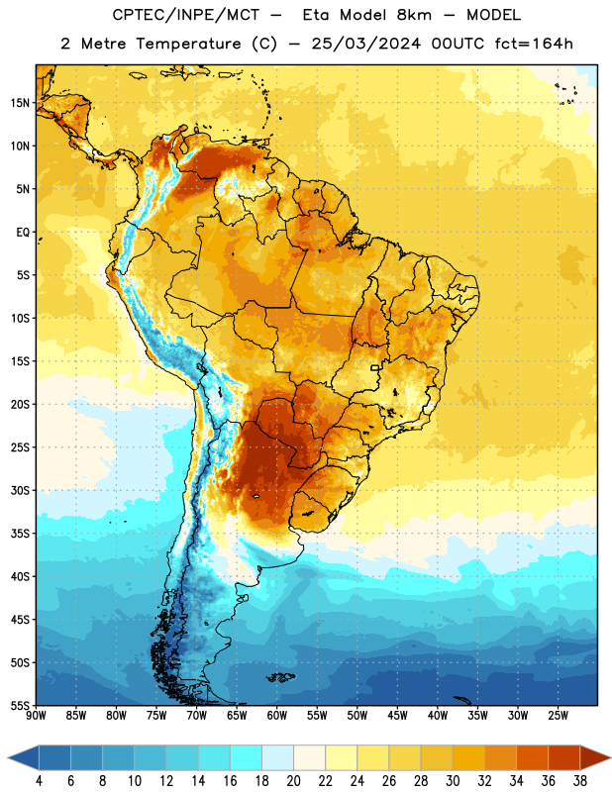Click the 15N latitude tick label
click(x=20, y=103)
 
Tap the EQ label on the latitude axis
click(x=23, y=233)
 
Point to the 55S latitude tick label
click(x=20, y=705)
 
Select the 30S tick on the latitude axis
click(x=20, y=490)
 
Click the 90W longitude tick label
click(x=36, y=716)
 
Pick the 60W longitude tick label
click(x=277, y=716)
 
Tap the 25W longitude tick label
click(x=558, y=716)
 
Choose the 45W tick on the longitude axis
click(x=397, y=716)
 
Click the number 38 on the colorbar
click(x=579, y=781)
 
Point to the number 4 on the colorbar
click(x=39, y=781)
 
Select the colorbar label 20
click(x=293, y=781)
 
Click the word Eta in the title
click(x=315, y=15)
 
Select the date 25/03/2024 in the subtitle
click(x=365, y=44)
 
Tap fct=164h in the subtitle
click(x=534, y=44)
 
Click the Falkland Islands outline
click(x=281, y=677)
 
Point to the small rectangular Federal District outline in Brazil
click(x=375, y=367)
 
